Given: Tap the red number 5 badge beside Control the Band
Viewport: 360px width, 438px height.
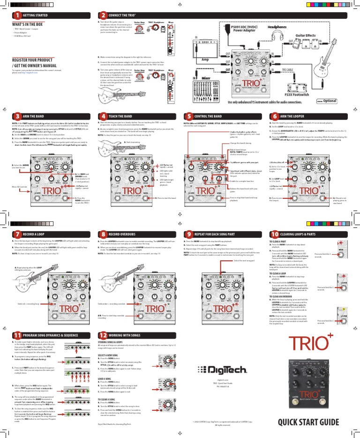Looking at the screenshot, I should click(188, 116).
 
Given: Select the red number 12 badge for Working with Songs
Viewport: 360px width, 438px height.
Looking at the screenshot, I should click(102, 335).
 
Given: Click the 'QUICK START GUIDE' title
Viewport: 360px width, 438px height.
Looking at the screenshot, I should click(307, 423).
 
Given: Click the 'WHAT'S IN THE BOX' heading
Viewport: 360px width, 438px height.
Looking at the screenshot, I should click(30, 23).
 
